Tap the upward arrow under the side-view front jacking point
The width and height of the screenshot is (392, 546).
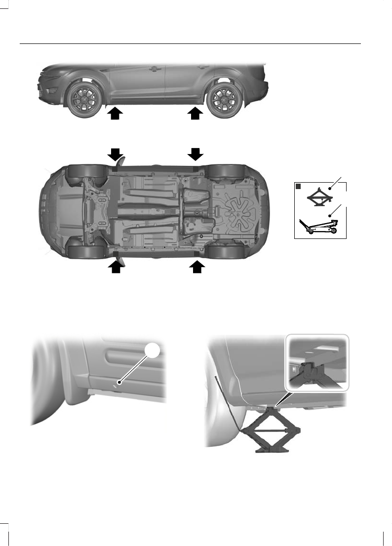[115, 113]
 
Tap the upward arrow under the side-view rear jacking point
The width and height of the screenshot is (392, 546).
[196, 113]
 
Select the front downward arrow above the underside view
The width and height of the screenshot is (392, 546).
[115, 154]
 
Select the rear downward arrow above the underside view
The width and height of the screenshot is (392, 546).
[196, 154]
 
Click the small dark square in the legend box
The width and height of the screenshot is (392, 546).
[298, 187]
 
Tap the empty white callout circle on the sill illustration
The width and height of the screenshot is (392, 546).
[154, 351]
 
